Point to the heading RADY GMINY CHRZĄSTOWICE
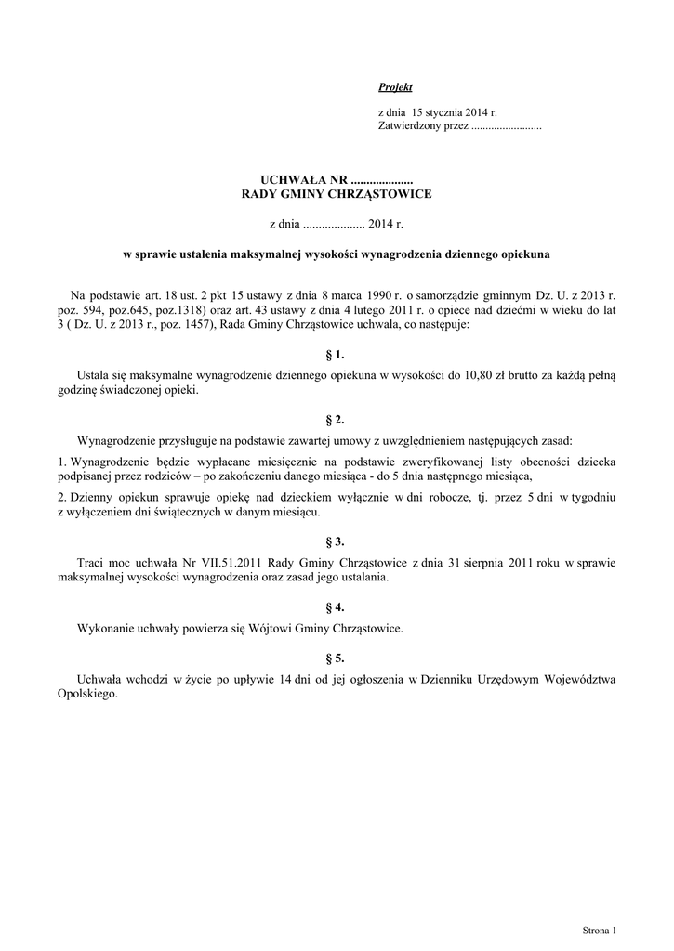pyautogui.click(x=336, y=194)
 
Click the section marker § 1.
pyautogui.click(x=336, y=355)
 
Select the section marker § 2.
pyautogui.click(x=336, y=420)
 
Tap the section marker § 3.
pyautogui.click(x=336, y=541)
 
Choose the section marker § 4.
pyautogui.click(x=336, y=607)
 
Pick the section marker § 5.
pyautogui.click(x=336, y=658)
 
